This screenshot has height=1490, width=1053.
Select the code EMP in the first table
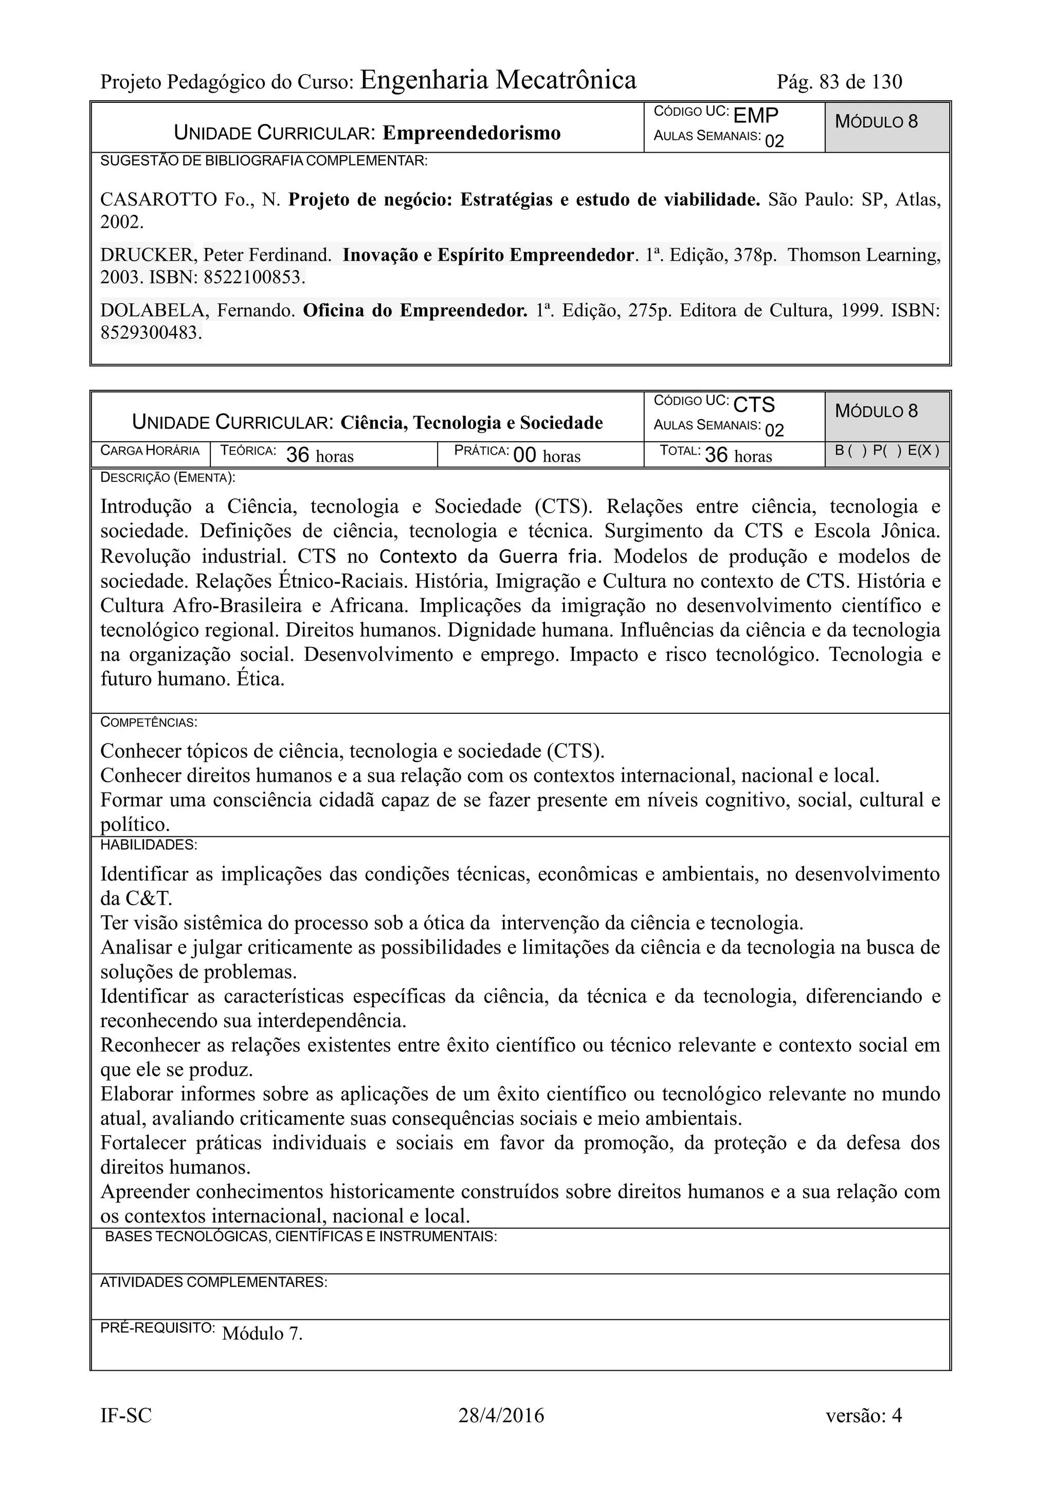[755, 116]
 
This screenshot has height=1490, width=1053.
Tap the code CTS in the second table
[754, 405]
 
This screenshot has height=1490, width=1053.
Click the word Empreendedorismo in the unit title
[471, 133]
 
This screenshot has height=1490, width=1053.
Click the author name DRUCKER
[147, 255]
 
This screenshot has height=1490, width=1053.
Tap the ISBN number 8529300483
[151, 334]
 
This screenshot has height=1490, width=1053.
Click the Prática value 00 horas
[546, 456]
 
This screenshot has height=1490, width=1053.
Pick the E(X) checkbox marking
[922, 451]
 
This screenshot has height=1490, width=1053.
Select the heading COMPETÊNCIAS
[149, 722]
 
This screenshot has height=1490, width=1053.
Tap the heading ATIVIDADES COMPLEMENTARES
[213, 1282]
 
